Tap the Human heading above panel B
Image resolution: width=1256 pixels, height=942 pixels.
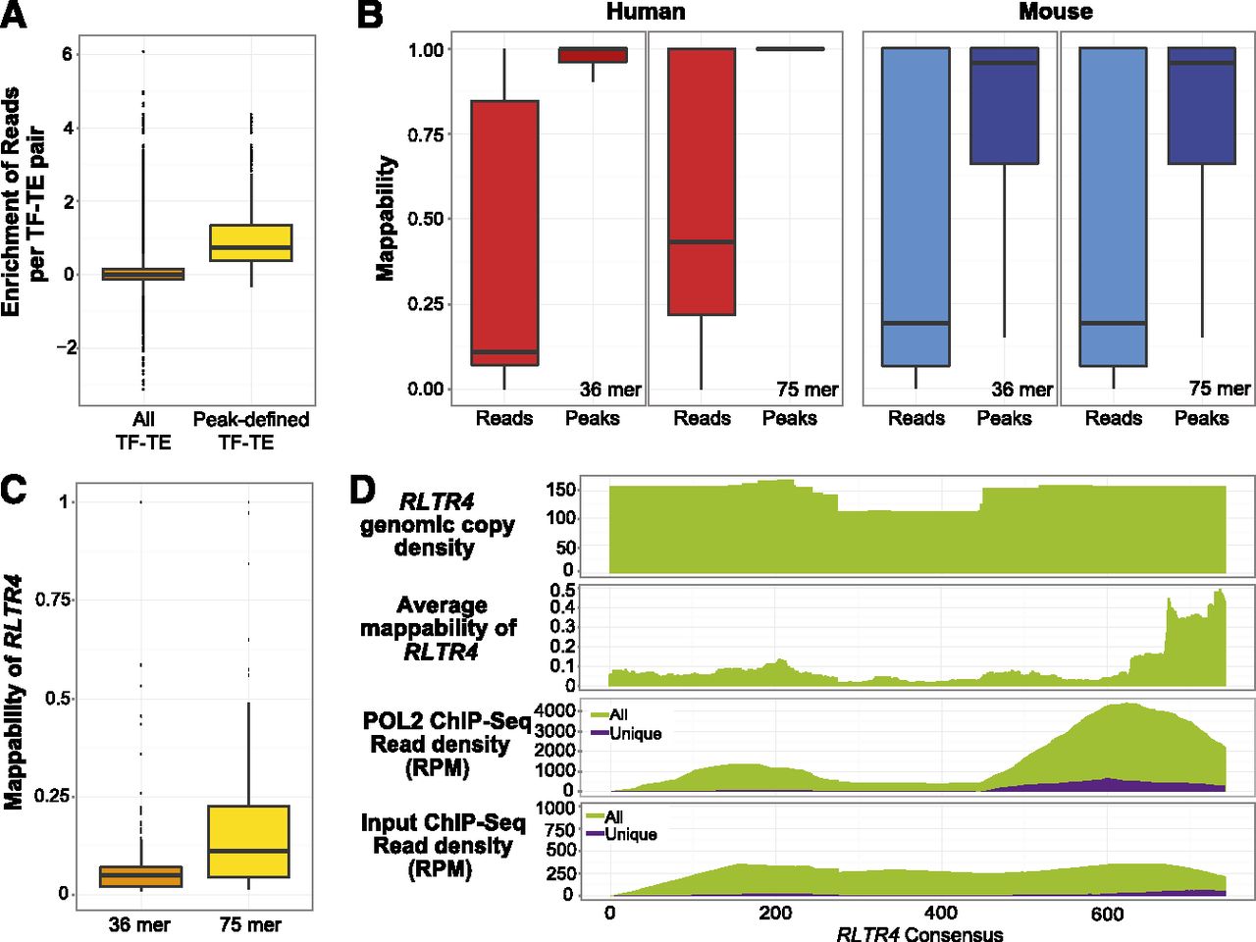(x=645, y=12)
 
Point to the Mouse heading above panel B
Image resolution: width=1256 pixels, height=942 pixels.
(x=1055, y=12)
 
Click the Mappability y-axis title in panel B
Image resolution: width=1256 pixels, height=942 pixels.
(x=386, y=218)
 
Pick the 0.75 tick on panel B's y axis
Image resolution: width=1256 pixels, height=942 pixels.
(x=428, y=133)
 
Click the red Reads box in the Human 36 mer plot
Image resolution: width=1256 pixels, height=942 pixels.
(x=504, y=233)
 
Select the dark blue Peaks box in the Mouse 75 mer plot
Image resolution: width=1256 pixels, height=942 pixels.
(x=1201, y=106)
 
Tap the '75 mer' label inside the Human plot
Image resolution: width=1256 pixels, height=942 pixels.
(x=807, y=390)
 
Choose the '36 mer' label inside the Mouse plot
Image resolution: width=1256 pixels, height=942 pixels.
(x=1021, y=390)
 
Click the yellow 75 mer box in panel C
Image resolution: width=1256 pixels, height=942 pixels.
(x=249, y=841)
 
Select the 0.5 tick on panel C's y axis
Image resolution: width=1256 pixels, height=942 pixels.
(x=57, y=699)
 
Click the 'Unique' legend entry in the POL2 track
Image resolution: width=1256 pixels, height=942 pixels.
(x=635, y=733)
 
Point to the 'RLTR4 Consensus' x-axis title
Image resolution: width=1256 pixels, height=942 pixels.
(x=919, y=933)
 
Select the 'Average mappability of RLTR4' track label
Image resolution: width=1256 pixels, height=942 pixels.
(x=442, y=628)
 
